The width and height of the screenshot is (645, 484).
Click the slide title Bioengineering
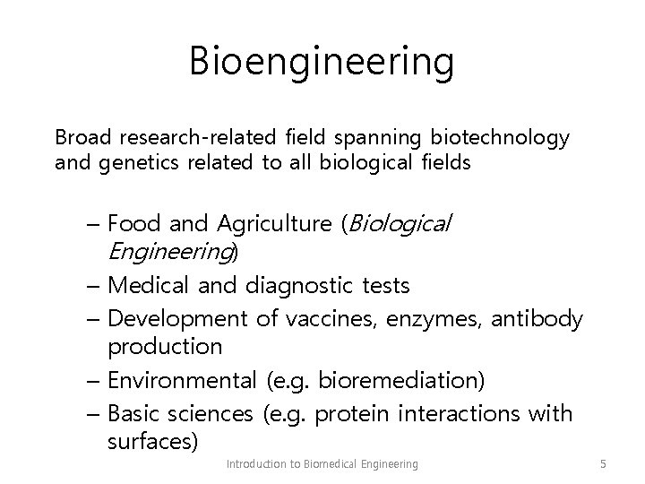pos(322,63)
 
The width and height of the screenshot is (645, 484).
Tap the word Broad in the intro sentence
pos(82,137)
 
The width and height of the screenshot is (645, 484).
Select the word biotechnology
pos(499,138)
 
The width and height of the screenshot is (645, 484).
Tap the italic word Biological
pos(399,223)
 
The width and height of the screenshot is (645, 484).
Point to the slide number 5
pos(603,463)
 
